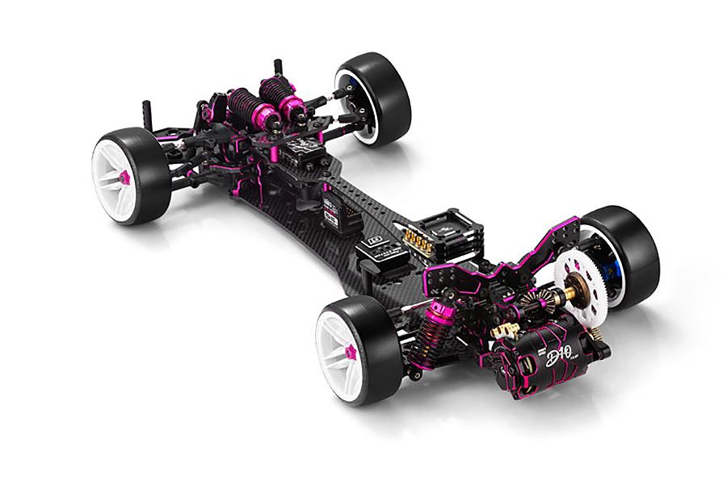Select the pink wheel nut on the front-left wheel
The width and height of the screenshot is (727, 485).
124,176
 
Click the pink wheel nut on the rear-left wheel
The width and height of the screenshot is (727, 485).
352,353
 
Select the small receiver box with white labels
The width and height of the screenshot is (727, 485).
332,205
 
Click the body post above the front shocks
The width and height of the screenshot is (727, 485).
277,65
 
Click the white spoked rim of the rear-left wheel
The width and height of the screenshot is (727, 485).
343,351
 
